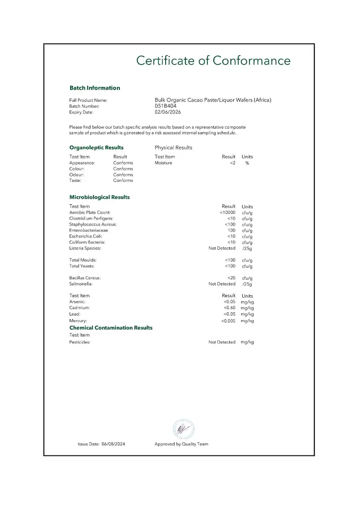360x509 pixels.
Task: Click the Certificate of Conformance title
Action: pyautogui.click(x=213, y=61)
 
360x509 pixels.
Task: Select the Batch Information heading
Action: pyautogui.click(x=94, y=88)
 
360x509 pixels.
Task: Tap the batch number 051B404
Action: pyautogui.click(x=165, y=106)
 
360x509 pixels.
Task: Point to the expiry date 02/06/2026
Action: pyautogui.click(x=168, y=112)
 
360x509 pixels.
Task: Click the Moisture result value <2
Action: pyautogui.click(x=232, y=163)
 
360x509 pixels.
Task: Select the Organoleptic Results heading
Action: pyautogui.click(x=96, y=148)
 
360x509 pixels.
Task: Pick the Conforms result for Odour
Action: pyautogui.click(x=123, y=175)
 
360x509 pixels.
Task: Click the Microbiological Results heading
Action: pyautogui.click(x=99, y=197)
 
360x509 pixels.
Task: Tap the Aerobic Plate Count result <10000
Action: pyautogui.click(x=227, y=213)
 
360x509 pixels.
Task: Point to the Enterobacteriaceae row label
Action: pyautogui.click(x=89, y=231)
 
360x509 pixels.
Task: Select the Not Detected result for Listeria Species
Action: pyautogui.click(x=222, y=248)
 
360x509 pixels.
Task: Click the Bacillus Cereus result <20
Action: pyautogui.click(x=231, y=278)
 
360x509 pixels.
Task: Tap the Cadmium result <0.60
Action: pyautogui.click(x=229, y=308)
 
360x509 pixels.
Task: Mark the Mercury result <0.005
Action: pyautogui.click(x=228, y=321)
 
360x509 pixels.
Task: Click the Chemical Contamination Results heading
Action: pyautogui.click(x=111, y=328)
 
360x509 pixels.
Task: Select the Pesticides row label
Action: pyautogui.click(x=80, y=342)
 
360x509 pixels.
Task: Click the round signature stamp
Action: pyautogui.click(x=183, y=429)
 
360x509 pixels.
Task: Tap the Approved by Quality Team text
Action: pyautogui.click(x=181, y=444)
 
